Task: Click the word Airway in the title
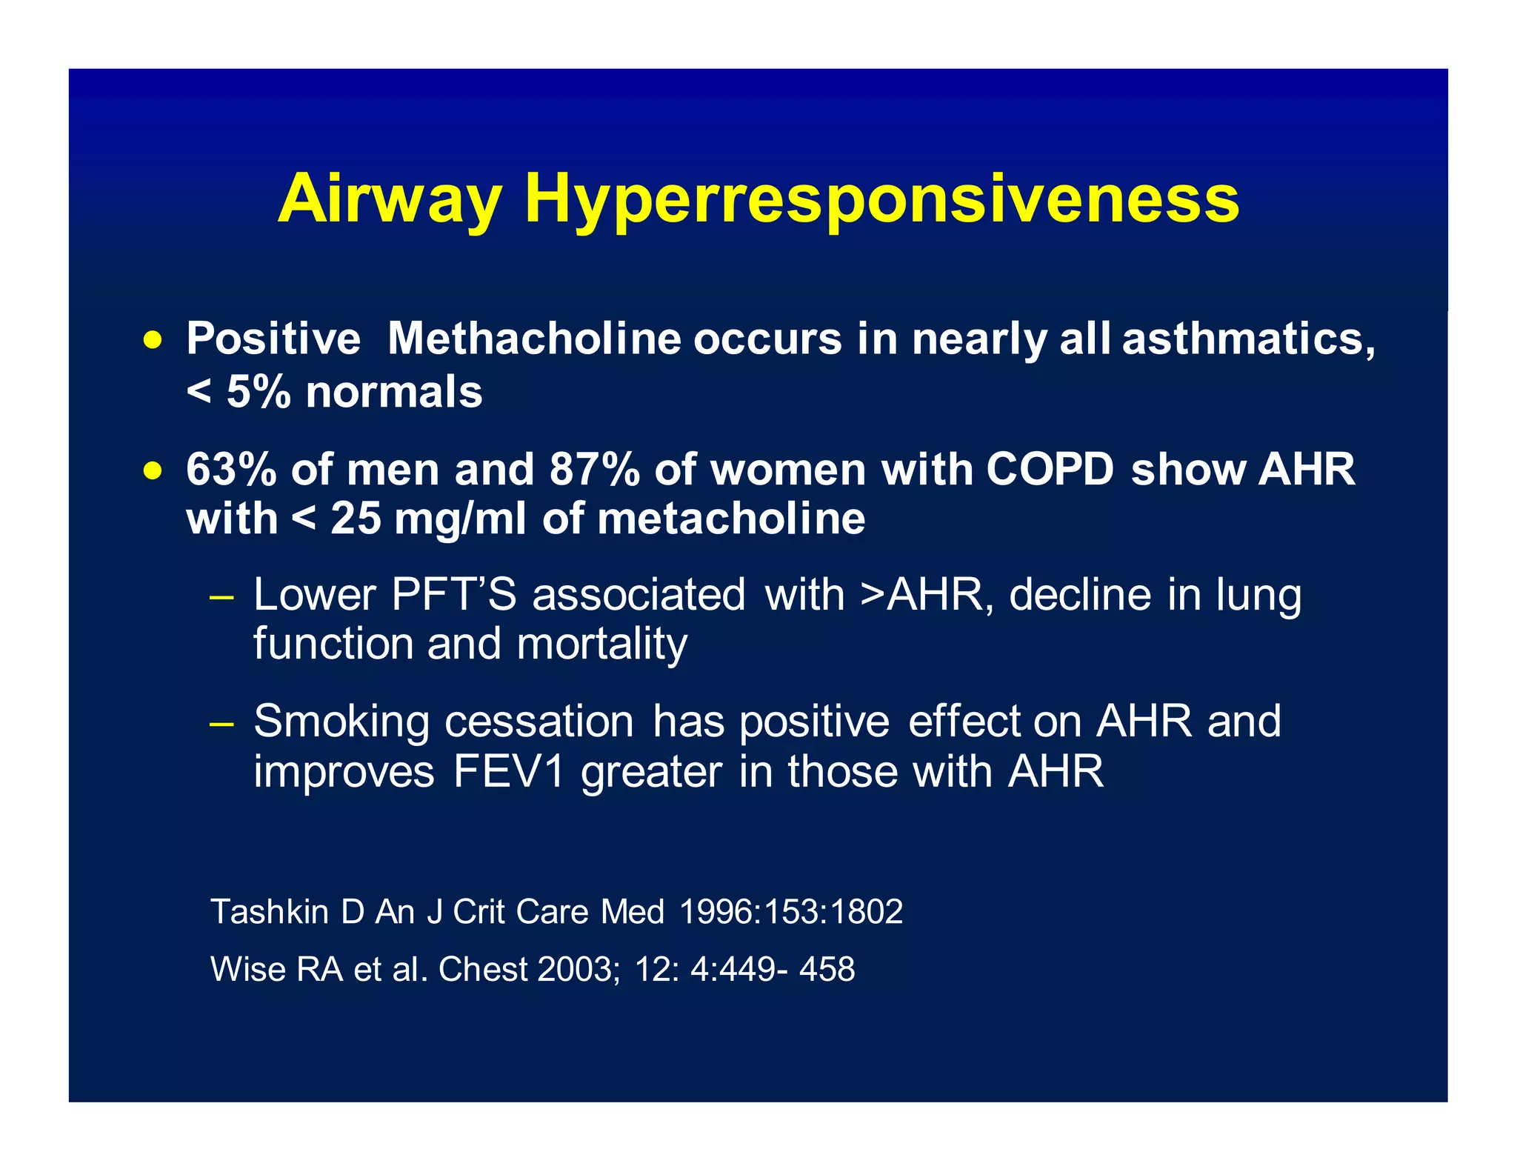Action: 390,199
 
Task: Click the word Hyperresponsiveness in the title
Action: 881,199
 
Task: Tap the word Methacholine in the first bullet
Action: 534,339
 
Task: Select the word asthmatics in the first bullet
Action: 1248,339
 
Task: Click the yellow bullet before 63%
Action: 153,470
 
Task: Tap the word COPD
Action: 1050,470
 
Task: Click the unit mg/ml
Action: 460,519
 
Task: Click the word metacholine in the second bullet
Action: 730,519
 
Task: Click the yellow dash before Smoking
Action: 221,723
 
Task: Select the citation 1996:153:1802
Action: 790,911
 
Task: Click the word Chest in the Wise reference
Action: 482,969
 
